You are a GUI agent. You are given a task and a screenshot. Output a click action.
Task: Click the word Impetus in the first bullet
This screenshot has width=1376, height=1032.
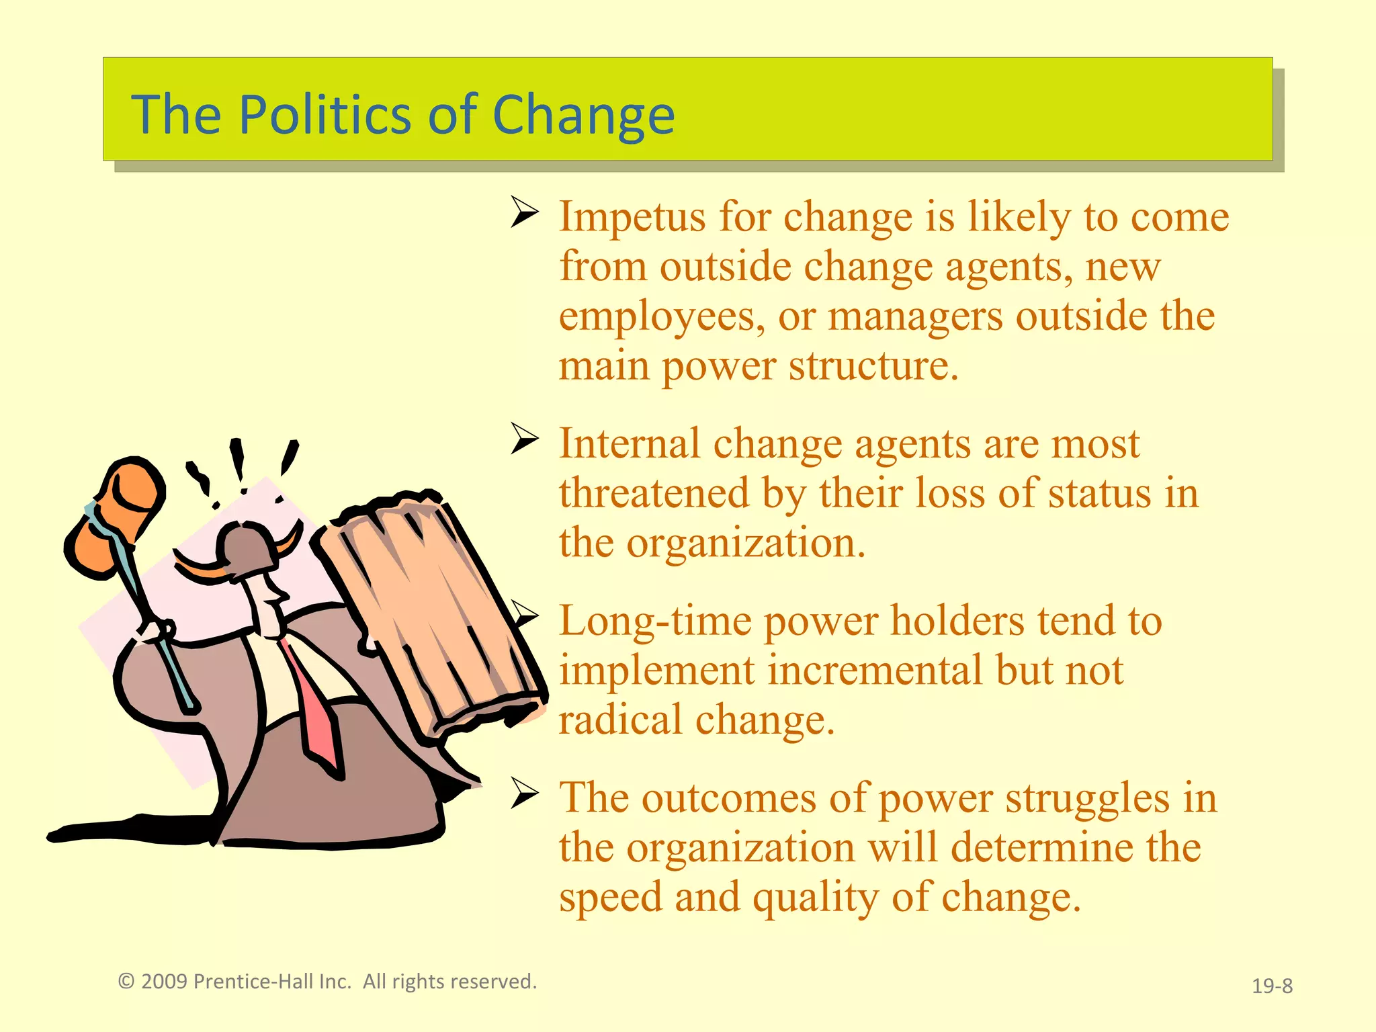click(x=632, y=218)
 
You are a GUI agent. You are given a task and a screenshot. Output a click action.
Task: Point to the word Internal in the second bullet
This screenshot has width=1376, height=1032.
click(x=630, y=444)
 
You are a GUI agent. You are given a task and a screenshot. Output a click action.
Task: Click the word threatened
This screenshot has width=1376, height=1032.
click(x=654, y=494)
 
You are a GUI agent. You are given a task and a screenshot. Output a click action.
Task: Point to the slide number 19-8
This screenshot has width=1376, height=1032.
click(x=1272, y=986)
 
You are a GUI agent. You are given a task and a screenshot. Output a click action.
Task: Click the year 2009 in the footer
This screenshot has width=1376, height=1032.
click(x=164, y=982)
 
